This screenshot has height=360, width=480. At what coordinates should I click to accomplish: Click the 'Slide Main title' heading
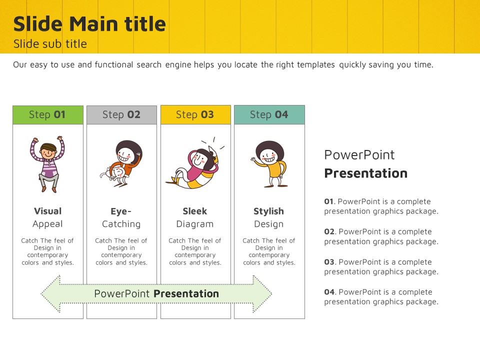click(89, 24)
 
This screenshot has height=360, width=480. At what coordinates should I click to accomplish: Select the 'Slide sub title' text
click(50, 44)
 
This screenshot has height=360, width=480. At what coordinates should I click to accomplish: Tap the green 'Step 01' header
click(48, 115)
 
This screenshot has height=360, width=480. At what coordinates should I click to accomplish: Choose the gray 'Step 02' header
click(122, 115)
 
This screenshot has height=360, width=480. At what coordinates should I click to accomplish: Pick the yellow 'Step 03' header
click(195, 114)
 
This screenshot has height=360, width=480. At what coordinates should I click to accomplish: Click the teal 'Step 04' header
click(269, 114)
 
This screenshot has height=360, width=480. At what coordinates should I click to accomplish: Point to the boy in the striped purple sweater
click(47, 164)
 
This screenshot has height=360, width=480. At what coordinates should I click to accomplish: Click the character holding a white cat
click(122, 163)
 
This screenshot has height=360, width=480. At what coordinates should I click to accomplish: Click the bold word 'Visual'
click(48, 211)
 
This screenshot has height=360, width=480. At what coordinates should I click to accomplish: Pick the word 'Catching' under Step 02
click(121, 224)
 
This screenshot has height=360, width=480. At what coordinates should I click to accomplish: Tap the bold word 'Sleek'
click(195, 211)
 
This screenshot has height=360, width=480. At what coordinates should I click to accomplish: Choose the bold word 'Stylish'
click(269, 211)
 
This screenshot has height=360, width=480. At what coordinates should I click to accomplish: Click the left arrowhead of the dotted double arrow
click(51, 294)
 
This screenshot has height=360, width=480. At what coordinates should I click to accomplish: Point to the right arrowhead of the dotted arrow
click(262, 294)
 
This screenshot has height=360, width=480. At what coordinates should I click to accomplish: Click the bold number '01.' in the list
click(329, 201)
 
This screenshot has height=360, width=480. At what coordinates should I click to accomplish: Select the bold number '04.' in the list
click(330, 292)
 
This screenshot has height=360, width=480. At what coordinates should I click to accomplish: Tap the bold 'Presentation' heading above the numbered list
click(366, 173)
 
